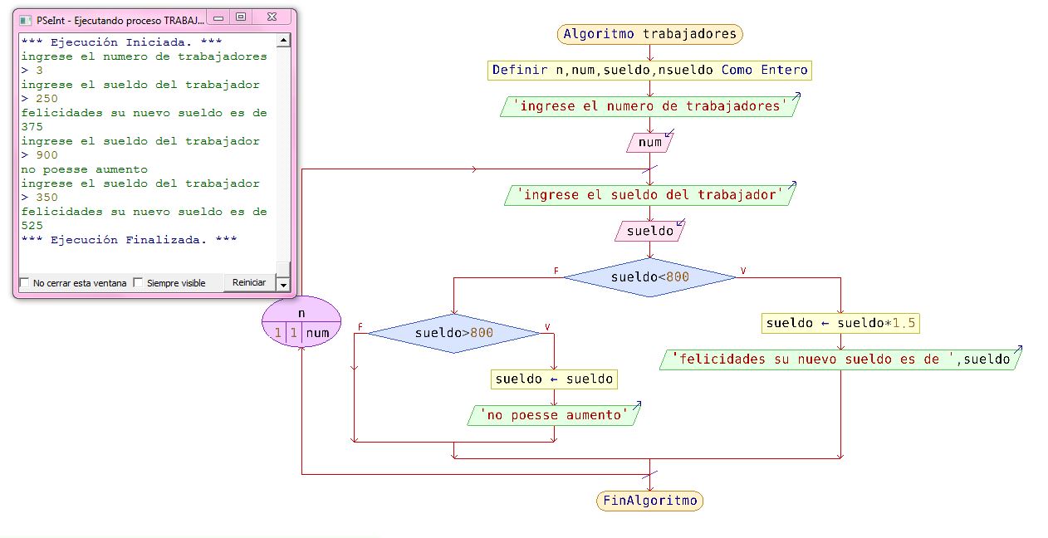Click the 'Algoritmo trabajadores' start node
tap(649, 34)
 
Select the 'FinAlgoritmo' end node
tap(649, 501)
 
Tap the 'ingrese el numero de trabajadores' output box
tap(649, 106)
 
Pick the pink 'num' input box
tap(649, 143)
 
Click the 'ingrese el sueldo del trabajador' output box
tap(649, 195)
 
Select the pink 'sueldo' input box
tap(649, 232)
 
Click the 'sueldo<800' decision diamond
tap(649, 277)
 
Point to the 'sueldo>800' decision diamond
tap(453, 333)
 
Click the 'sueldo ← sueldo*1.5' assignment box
tap(840, 324)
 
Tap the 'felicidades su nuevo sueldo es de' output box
tap(840, 359)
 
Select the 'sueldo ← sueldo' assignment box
tap(554, 379)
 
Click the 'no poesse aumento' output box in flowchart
tap(554, 415)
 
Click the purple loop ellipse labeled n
tap(301, 323)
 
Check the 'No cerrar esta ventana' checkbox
tap(24, 283)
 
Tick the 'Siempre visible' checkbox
tap(139, 283)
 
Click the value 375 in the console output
tap(32, 127)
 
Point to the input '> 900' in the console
tap(40, 155)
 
